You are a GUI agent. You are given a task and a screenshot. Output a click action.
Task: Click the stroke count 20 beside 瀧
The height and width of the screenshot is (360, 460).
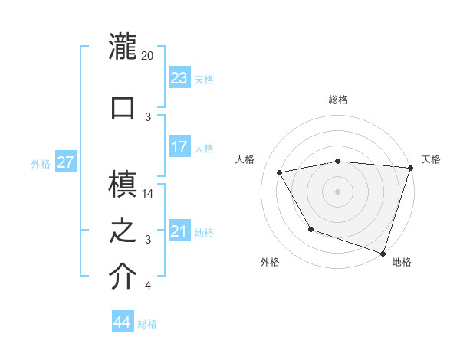coord(148,56)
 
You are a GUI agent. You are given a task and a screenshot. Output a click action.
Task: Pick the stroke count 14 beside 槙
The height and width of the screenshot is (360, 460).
coord(149,194)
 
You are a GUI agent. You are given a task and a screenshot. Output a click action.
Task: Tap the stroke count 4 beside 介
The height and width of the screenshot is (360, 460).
coord(148,286)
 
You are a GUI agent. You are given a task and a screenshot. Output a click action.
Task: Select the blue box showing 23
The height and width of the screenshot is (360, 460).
coord(179,77)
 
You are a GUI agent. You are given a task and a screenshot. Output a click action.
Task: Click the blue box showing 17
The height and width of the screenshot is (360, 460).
coord(179,146)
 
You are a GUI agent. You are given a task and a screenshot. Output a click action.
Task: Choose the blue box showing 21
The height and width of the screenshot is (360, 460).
coord(179,231)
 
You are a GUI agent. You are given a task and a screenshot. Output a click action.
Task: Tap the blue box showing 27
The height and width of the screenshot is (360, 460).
coord(65,162)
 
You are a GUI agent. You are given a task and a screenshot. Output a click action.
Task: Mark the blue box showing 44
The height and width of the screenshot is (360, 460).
coord(122,322)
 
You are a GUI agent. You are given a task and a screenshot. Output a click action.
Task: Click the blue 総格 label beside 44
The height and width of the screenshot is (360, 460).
coord(147,324)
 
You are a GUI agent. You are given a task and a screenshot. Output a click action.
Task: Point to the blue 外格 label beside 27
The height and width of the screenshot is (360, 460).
coord(41,163)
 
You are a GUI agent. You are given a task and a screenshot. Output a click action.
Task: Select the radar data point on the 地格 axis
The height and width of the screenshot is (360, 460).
coord(383,252)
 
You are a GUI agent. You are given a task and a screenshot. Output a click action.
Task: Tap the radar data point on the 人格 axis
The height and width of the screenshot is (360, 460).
coord(280,173)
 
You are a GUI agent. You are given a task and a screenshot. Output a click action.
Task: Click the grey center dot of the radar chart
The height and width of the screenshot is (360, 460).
coord(337,191)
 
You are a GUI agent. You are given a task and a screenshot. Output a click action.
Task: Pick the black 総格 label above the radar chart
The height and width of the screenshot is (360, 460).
coord(337,100)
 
